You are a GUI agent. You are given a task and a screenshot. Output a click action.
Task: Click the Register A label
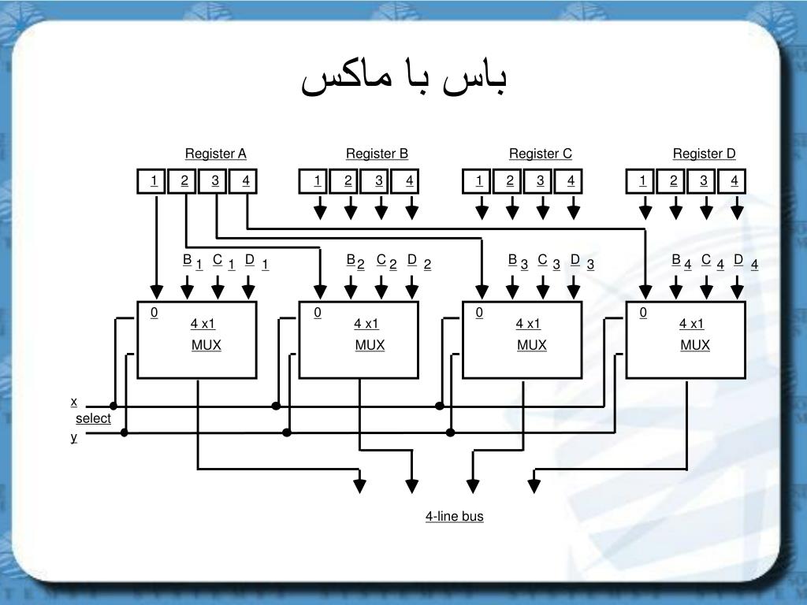215,153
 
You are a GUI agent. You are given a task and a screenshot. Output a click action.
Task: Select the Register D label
704,153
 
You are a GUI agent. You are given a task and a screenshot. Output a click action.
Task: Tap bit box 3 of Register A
214,181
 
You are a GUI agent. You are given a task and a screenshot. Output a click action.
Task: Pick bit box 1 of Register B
317,181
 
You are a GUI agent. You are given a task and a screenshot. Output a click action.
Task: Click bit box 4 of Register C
571,181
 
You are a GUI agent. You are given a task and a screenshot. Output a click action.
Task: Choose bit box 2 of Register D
674,181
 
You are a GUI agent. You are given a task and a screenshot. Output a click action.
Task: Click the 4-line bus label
454,516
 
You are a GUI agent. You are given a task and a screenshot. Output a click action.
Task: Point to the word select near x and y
93,418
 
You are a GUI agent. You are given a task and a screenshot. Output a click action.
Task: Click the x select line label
74,402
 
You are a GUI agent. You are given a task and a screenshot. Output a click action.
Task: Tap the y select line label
74,436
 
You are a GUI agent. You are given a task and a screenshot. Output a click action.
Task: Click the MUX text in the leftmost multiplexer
206,345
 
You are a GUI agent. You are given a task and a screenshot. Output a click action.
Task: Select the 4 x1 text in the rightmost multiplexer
691,324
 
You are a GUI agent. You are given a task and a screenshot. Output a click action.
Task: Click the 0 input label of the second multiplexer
318,313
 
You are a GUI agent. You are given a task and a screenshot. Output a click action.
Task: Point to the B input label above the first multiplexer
187,259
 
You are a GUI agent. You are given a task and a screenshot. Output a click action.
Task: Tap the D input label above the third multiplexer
575,259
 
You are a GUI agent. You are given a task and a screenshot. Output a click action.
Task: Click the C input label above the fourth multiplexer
705,259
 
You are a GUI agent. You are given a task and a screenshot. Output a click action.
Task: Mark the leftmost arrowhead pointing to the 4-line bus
360,484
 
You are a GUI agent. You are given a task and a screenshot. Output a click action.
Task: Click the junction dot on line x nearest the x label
113,406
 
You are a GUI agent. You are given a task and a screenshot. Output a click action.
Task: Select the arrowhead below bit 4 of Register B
411,211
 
